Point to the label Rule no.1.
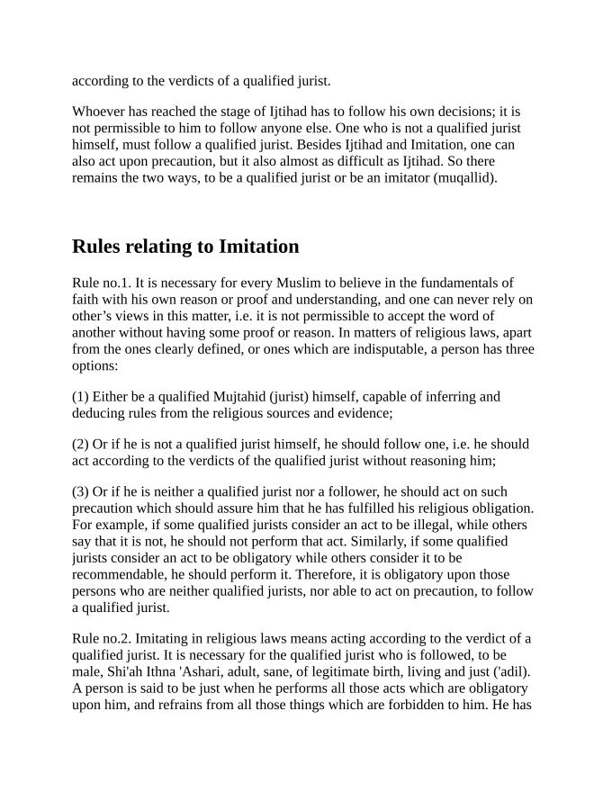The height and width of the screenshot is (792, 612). coord(101,283)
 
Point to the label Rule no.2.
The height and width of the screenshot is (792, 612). coord(101,639)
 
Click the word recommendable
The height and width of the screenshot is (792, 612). coord(115,574)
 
